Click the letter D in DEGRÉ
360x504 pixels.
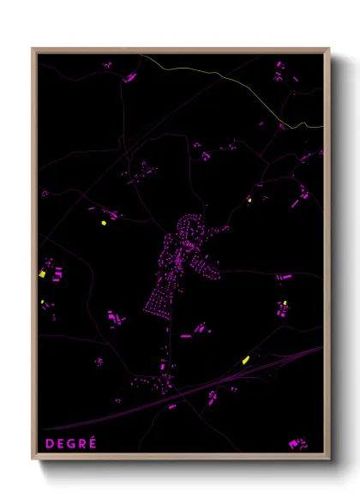[x=46, y=442]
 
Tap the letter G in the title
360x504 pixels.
[x=70, y=442]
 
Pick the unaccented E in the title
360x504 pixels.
[x=58, y=442]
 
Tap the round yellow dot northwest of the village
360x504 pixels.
[x=104, y=223]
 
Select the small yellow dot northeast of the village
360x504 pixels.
[x=249, y=201]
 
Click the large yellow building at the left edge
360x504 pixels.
[x=42, y=274]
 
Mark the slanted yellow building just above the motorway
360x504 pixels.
[x=246, y=359]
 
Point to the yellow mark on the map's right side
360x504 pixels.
[x=285, y=303]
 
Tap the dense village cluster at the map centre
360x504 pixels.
[x=184, y=266]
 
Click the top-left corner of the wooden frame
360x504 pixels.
[x=33, y=50]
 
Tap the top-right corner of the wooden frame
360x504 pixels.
[x=328, y=50]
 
